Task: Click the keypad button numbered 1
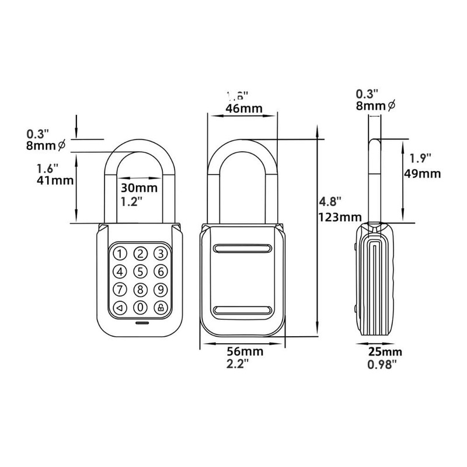pos(120,253)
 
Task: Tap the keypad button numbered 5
pos(140,271)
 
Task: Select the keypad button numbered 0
pos(140,308)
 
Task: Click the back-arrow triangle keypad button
pos(120,308)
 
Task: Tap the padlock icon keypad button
pos(160,308)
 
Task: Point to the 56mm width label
pos(244,352)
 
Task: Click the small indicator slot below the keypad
pos(140,323)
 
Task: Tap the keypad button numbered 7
pos(120,289)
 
